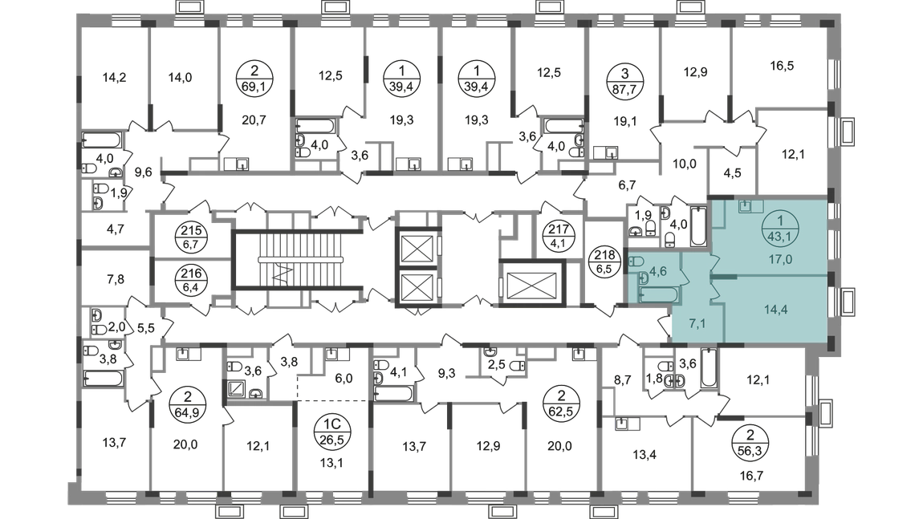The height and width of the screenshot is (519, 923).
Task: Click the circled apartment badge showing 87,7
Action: click(x=624, y=82)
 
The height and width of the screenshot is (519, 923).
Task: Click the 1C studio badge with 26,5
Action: click(x=332, y=431)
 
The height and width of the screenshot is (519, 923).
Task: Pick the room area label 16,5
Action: click(x=782, y=66)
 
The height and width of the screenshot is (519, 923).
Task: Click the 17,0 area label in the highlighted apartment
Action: click(x=780, y=259)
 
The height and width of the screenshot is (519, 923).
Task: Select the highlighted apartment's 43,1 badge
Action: click(x=780, y=229)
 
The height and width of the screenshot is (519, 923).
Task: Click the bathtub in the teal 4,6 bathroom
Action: click(x=659, y=294)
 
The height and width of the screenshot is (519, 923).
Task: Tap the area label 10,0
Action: click(x=684, y=164)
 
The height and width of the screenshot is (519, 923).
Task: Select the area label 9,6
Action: click(x=143, y=172)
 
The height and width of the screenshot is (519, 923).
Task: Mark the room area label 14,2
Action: click(x=114, y=77)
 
